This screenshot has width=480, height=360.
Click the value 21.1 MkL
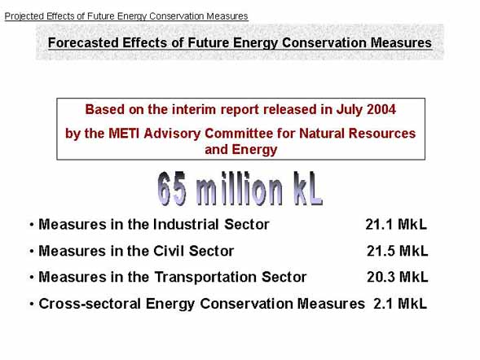click(396, 225)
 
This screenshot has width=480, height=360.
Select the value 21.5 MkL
click(398, 251)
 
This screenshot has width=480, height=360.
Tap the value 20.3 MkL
click(398, 277)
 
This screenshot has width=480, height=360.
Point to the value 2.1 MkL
click(400, 304)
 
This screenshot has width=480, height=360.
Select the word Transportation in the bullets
click(205, 277)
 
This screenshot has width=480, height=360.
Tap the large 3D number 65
click(172, 188)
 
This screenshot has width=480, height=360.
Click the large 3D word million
click(240, 188)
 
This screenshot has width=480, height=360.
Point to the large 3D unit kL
click(308, 188)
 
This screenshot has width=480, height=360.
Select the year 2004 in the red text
click(381, 109)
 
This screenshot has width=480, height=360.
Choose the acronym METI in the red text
click(125, 134)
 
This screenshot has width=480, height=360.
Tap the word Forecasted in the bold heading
click(83, 42)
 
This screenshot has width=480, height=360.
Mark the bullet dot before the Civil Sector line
click(32, 252)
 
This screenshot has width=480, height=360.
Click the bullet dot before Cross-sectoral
click(32, 305)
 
